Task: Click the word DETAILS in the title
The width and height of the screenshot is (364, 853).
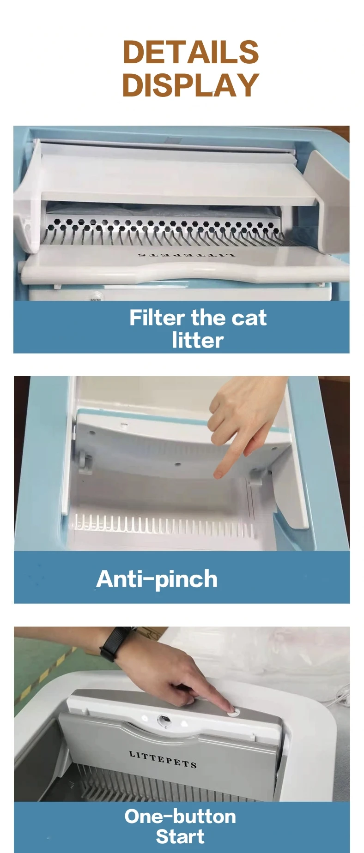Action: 190,52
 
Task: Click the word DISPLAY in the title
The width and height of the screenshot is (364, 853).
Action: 190,85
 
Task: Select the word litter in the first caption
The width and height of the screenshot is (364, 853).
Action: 198,341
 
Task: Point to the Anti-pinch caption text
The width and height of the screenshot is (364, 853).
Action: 157,579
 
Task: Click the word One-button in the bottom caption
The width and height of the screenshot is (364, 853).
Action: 180,817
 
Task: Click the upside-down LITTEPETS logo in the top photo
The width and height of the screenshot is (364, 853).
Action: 187,254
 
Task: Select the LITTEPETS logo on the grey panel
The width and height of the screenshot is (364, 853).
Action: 163,759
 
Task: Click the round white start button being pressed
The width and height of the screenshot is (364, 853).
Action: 233,713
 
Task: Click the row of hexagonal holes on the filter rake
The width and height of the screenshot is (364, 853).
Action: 162,224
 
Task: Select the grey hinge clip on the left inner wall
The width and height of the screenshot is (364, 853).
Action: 85,462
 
